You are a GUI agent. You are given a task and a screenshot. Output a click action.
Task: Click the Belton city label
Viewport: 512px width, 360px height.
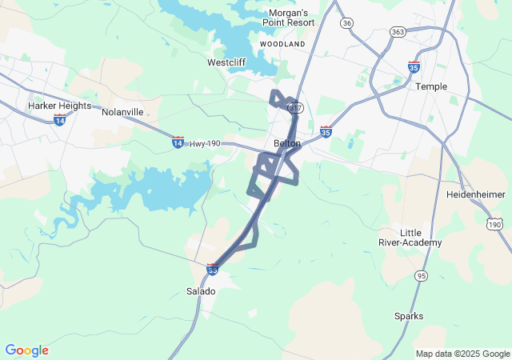[287, 143]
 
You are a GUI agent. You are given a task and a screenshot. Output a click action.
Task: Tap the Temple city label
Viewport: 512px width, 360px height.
[431, 86]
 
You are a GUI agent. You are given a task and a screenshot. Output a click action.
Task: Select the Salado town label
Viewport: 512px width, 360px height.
[201, 291]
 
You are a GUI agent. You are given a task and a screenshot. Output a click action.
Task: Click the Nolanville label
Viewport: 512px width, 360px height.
[122, 112]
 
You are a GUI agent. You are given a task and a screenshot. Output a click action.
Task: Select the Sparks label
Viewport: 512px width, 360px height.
[409, 316]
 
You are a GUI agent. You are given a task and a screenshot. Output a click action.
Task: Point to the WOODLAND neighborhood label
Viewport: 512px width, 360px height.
[283, 44]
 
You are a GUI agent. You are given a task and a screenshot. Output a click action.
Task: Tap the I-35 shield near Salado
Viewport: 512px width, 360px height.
[213, 270]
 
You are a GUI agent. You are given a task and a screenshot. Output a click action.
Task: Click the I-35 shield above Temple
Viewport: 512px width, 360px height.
[414, 67]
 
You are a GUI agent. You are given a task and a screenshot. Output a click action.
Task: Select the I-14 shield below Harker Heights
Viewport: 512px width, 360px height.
[59, 119]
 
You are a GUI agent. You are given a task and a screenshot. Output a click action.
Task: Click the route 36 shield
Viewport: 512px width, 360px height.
[346, 23]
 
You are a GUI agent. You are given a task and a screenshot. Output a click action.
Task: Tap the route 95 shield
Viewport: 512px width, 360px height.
[422, 276]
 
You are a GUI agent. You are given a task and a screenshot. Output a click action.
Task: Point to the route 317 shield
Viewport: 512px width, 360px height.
[296, 108]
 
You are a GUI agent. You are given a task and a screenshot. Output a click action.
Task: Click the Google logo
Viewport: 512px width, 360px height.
[26, 350]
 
